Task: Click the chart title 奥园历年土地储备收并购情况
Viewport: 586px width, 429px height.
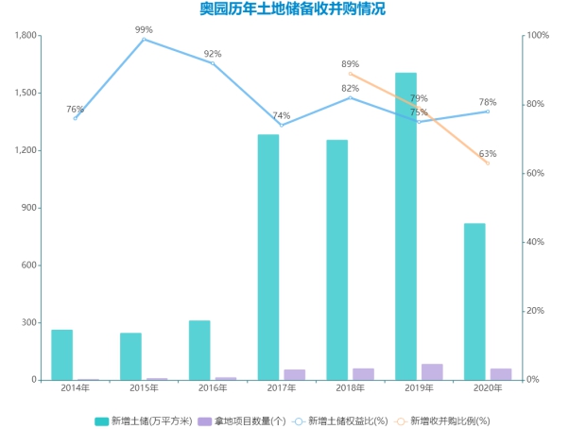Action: (x=292, y=10)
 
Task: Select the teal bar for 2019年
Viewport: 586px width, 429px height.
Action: (x=406, y=227)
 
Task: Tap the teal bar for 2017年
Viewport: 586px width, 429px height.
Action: (x=268, y=257)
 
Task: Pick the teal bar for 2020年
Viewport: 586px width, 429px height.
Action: (x=474, y=301)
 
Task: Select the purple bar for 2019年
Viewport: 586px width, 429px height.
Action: (x=432, y=371)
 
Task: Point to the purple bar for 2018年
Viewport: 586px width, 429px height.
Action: (x=363, y=374)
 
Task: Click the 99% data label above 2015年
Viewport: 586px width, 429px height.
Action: (x=144, y=29)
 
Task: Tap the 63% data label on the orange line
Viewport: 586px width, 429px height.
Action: (x=488, y=154)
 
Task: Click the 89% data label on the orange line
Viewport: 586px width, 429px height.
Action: (x=350, y=64)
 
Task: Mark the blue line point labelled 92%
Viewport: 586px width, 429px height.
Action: (x=213, y=63)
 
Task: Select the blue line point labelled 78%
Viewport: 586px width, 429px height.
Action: (x=488, y=112)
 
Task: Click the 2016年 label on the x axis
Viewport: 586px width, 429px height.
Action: (x=213, y=388)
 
